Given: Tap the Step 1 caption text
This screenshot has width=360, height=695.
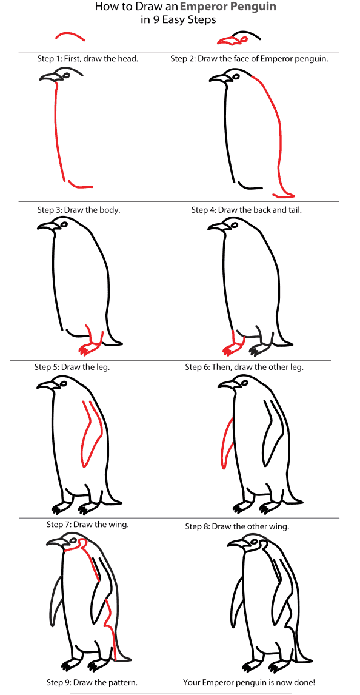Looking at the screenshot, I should pos(88,59).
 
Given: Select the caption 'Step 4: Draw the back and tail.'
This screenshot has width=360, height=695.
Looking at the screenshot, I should pos(246,210).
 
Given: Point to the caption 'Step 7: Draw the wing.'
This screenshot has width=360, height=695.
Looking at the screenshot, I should pos(87,524).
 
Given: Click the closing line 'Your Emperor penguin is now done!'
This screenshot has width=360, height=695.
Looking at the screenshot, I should pos(249,682).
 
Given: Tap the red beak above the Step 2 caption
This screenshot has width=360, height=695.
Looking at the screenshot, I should pos(228,41).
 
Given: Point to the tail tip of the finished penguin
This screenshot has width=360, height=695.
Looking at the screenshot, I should pos(307,659).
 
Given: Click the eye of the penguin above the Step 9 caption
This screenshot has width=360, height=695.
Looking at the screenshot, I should pos(73,540).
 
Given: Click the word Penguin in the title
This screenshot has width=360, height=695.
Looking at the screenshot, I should pos(251,7).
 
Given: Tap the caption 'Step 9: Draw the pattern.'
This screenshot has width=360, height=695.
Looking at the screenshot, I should pos(92,682).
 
